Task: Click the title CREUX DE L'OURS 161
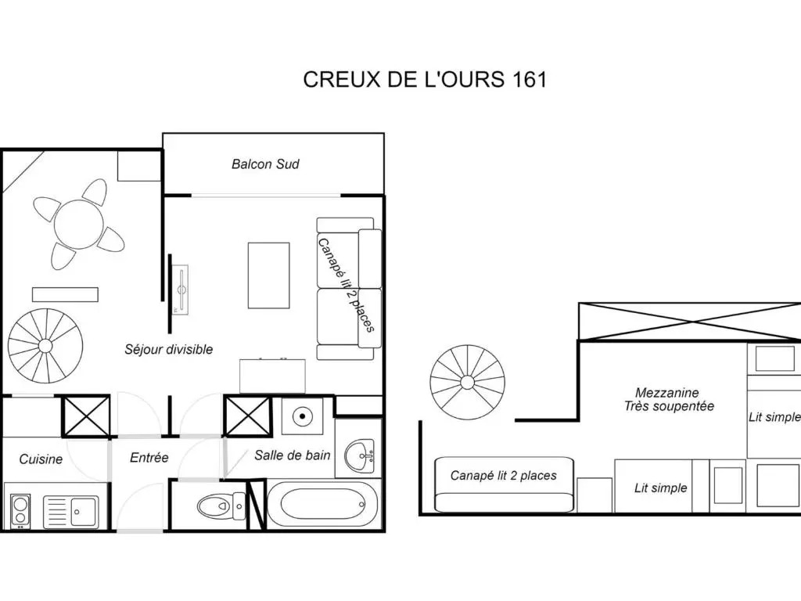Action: tap(425, 79)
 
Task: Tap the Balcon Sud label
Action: tap(265, 164)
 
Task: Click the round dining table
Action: tap(79, 225)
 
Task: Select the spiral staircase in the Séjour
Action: tap(45, 346)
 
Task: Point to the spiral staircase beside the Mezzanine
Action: tap(468, 383)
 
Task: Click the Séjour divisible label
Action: tap(169, 350)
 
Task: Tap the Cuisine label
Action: tap(41, 459)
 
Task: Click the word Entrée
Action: tap(149, 457)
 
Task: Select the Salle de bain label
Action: tap(293, 455)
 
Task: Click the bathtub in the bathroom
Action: tap(322, 505)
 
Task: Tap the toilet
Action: tap(221, 506)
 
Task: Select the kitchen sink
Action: tap(71, 512)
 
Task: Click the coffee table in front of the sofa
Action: tap(269, 275)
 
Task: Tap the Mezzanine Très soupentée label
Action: tap(668, 400)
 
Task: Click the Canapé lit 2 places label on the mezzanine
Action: tap(503, 476)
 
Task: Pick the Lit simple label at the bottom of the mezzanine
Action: tap(660, 488)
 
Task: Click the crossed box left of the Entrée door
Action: tap(86, 416)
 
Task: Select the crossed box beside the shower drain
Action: tap(247, 416)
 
